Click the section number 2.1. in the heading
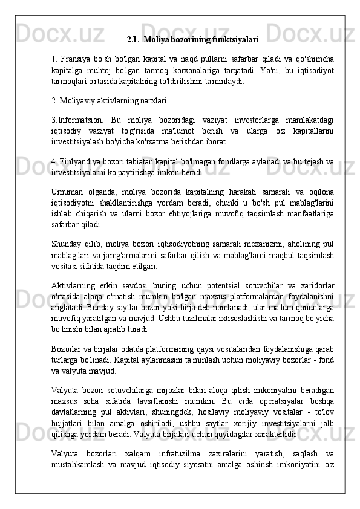[134, 40]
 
